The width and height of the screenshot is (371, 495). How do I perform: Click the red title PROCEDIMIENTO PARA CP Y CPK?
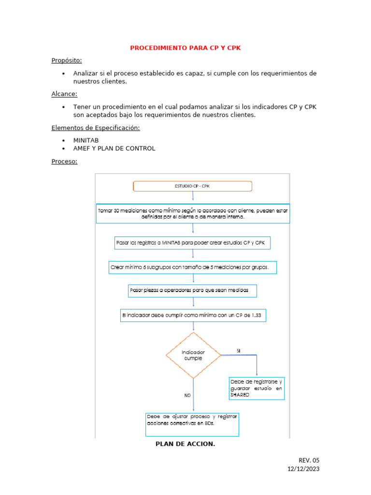pos(185,48)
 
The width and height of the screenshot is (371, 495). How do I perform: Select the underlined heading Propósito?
pos(67,60)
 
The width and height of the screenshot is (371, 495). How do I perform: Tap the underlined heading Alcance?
pos(64,94)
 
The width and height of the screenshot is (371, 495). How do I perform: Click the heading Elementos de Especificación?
pos(96,128)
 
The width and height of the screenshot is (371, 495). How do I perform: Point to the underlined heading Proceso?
pos(64,161)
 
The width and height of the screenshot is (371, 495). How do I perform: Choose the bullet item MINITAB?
pos(86,140)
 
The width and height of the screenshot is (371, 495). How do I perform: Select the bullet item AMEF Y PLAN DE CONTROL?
pos(114,148)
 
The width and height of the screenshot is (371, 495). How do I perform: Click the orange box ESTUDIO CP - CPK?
pos(192,186)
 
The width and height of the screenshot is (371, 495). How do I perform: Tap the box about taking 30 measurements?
pos(193,214)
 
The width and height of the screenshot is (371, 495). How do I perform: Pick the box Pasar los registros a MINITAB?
pos(192,243)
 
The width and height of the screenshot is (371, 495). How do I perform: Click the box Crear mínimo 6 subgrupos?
pos(193,267)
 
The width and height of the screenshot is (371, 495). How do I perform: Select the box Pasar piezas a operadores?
pos(192,291)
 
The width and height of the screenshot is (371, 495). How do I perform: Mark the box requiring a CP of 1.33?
pos(193,316)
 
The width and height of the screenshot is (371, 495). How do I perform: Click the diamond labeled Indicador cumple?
pos(193,355)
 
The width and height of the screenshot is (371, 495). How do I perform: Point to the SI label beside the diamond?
pos(239,350)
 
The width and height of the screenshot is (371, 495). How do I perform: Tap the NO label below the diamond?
pos(187,395)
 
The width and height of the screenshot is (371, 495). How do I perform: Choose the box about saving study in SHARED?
pos(256,388)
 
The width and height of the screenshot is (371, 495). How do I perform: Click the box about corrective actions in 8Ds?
pos(192,424)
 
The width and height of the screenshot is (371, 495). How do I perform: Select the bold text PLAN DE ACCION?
pos(185,444)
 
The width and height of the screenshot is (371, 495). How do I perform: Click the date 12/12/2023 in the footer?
pos(303,469)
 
